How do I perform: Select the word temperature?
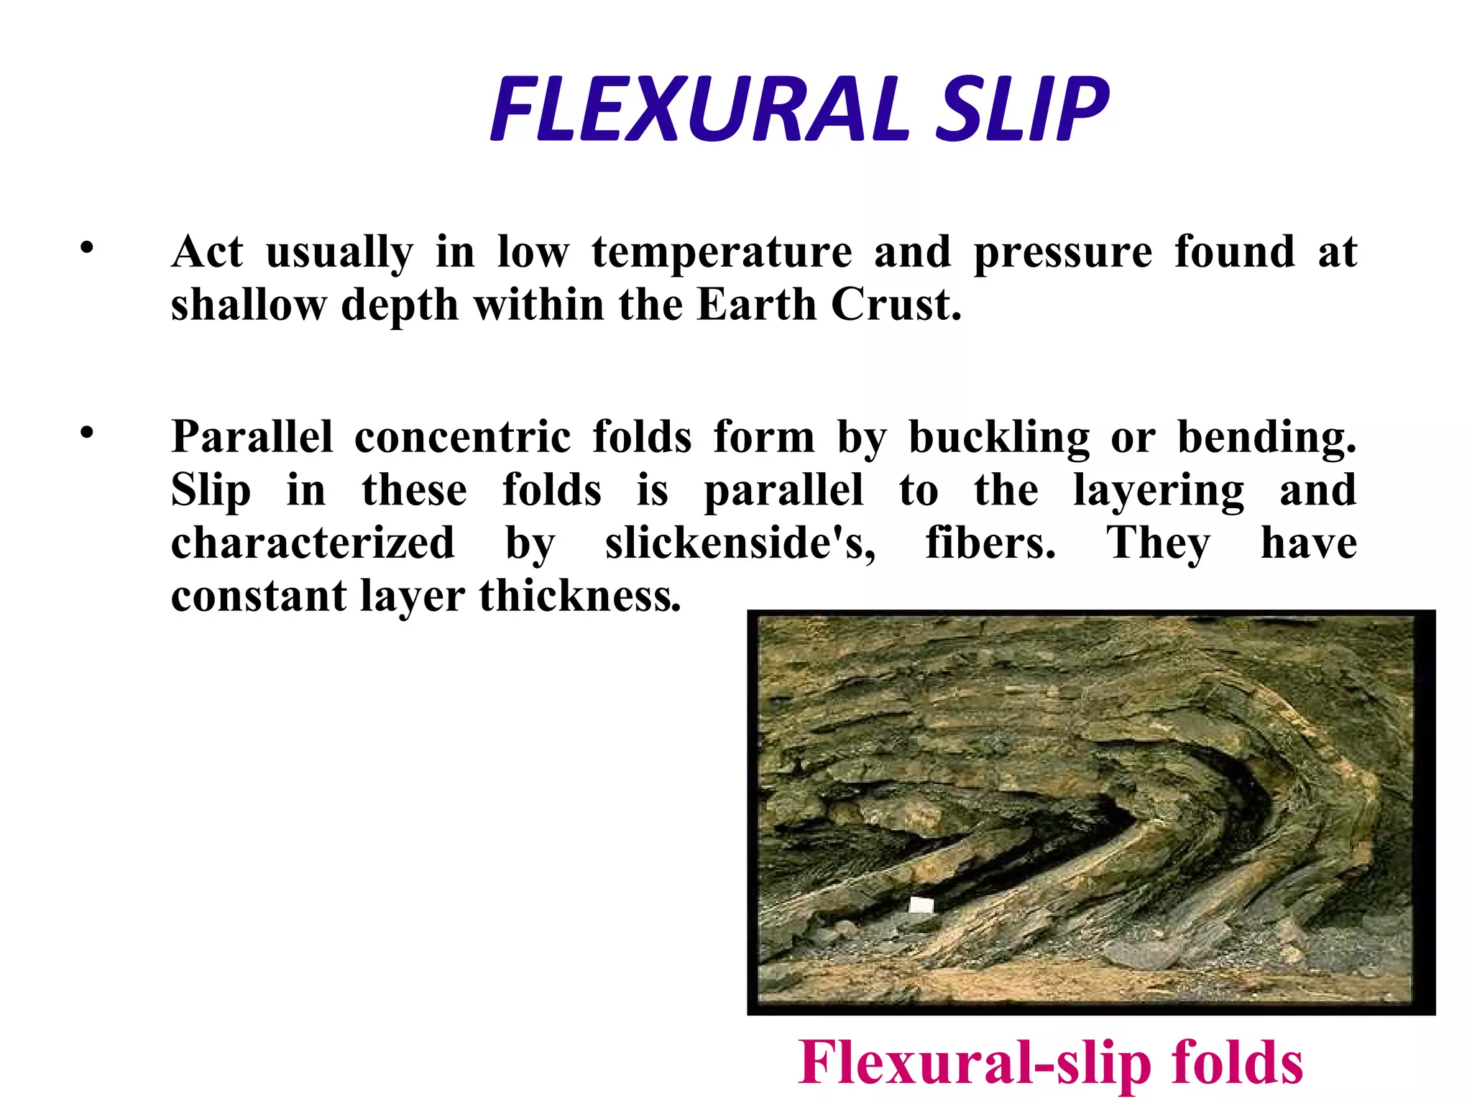722,252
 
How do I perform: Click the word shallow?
248,305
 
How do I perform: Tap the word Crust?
896,305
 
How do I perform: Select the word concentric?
462,437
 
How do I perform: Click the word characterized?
313,543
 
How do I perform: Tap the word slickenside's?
740,544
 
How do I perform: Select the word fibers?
990,543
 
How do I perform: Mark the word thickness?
579,597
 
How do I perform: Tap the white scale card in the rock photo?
921,905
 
